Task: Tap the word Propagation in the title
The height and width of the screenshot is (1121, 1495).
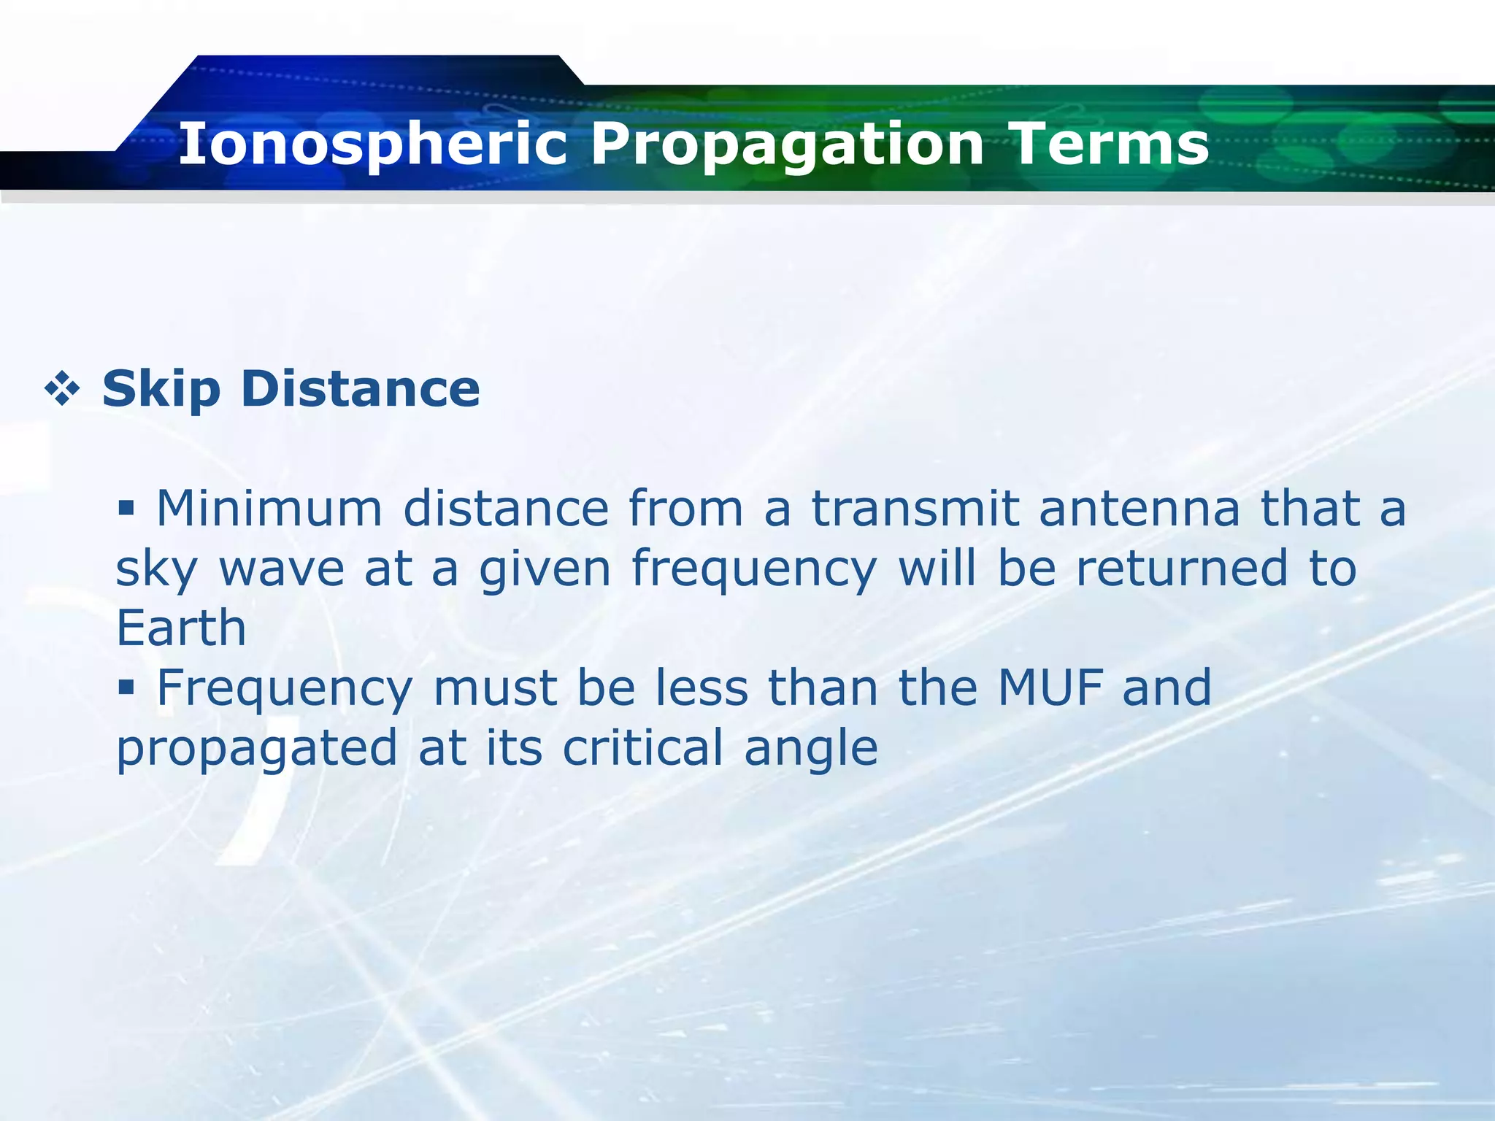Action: coord(787,144)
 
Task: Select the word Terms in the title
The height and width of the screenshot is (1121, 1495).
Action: coord(1110,144)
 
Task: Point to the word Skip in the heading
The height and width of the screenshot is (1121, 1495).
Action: coord(161,390)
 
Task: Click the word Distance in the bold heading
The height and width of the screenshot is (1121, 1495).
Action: coord(361,388)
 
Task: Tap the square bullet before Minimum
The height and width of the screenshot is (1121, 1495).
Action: coord(126,506)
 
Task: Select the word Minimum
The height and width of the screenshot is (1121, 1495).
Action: coord(269,508)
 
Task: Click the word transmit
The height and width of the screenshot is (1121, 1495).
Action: coord(915,508)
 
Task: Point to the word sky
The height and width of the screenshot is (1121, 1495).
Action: coord(156,569)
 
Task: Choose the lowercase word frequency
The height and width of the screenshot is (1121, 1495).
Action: coord(753,569)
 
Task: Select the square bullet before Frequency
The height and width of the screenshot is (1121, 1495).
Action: coord(126,686)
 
